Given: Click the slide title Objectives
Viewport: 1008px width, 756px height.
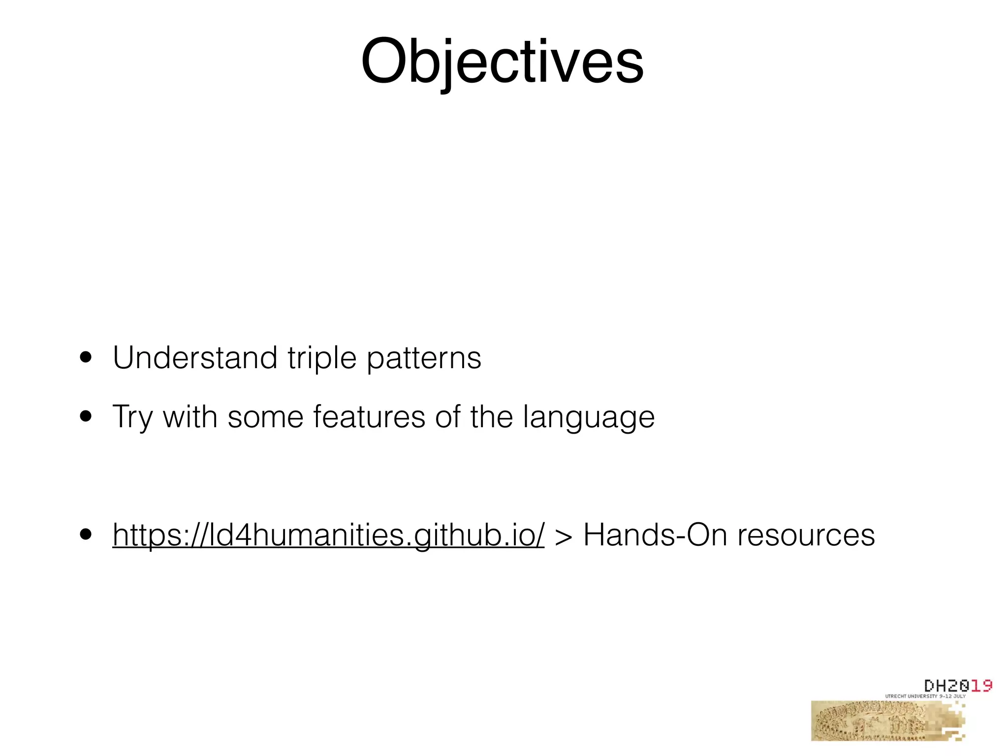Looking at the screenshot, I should coord(502,62).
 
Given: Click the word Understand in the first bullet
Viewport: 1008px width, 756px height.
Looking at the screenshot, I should coord(195,357).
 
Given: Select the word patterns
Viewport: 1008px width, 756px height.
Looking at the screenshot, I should coord(424,358).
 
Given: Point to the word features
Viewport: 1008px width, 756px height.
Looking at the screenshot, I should coord(369,416).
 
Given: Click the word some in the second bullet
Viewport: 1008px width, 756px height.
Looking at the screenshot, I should coord(265,417).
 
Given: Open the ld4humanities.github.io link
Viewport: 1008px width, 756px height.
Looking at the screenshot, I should coord(328,535).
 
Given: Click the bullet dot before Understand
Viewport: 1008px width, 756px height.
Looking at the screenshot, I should coord(86,358).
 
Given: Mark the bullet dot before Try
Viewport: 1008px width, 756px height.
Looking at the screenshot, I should coord(86,417).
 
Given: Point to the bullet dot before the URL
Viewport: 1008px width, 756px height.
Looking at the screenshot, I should coord(86,535).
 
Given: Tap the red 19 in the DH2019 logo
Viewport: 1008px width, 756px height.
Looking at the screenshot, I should coord(981,686).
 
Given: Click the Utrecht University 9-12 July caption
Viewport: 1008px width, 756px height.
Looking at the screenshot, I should coord(925,696).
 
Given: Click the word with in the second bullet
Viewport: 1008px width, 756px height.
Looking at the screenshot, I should coord(190,416).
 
